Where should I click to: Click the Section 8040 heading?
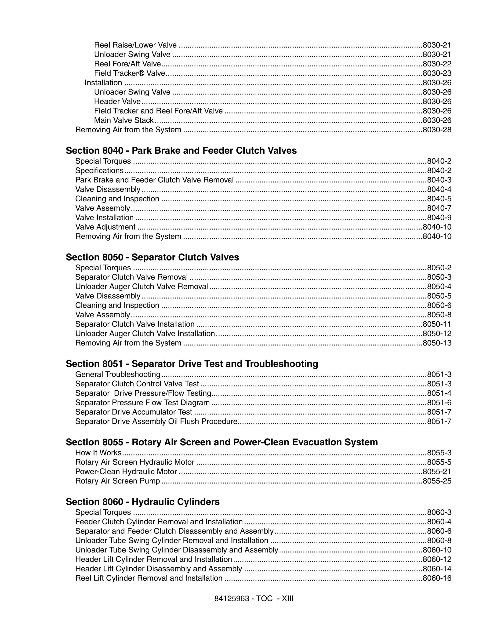(181, 150)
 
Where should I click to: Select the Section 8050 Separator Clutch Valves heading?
(152, 257)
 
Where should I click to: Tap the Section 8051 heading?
(192, 364)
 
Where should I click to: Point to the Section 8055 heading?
(222, 442)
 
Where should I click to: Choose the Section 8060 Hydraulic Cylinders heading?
(143, 502)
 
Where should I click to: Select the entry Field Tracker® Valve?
(129, 73)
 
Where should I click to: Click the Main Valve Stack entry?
(124, 120)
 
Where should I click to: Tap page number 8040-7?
(439, 208)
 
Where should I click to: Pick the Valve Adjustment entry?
(105, 227)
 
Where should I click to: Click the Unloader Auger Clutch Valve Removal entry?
(142, 286)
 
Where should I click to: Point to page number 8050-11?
(437, 324)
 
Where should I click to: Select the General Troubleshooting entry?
(118, 374)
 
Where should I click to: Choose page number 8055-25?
(437, 481)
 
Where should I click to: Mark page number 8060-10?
(437, 550)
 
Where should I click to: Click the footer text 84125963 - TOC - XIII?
(254, 599)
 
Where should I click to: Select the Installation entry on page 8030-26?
(103, 83)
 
